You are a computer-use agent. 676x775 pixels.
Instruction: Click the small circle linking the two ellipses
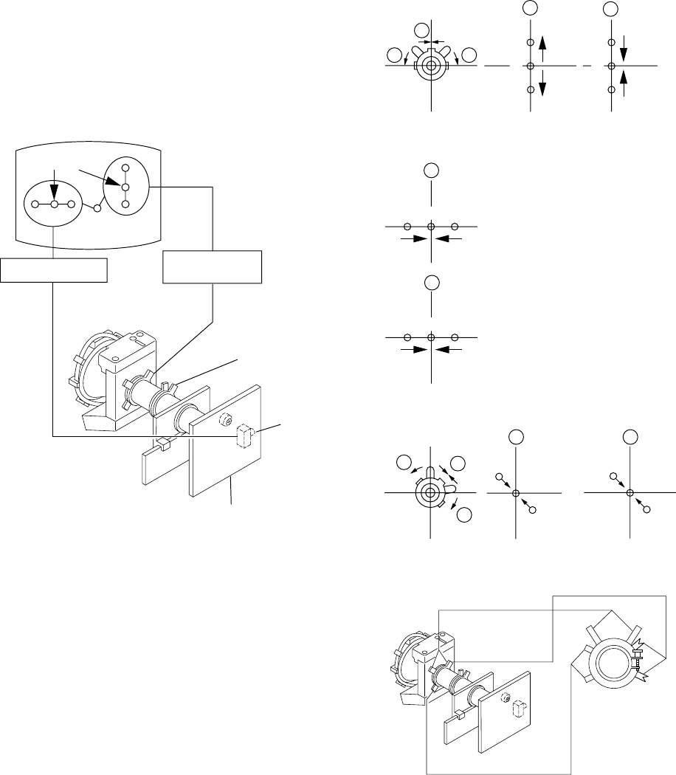click(96, 209)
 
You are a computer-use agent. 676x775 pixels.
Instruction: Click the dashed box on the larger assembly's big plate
click(241, 437)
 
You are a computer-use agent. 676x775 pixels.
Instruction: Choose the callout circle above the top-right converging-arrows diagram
click(610, 9)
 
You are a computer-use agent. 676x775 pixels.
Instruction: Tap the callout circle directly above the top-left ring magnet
click(423, 31)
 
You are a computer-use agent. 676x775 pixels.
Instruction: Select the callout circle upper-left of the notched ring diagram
click(404, 463)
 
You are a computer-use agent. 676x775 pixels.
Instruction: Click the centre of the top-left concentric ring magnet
click(430, 66)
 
